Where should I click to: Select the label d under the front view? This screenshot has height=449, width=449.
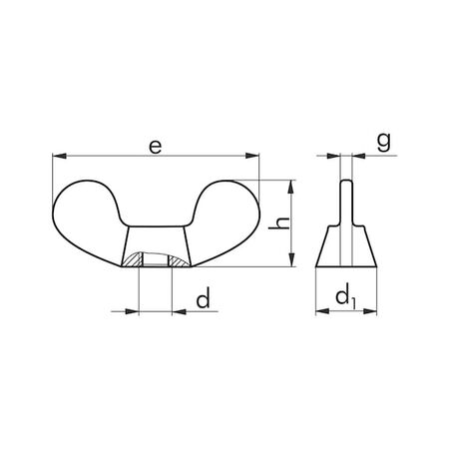coord(204,299)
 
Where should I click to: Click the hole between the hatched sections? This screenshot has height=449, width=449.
coord(155,261)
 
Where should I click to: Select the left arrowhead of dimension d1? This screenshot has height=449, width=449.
coord(320,311)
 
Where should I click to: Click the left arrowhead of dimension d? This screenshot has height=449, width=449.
coord(134,311)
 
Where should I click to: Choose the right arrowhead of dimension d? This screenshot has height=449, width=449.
coord(178,311)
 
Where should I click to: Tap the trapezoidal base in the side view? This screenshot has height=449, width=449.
coord(346,249)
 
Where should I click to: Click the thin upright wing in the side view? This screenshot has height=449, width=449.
coord(346,205)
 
